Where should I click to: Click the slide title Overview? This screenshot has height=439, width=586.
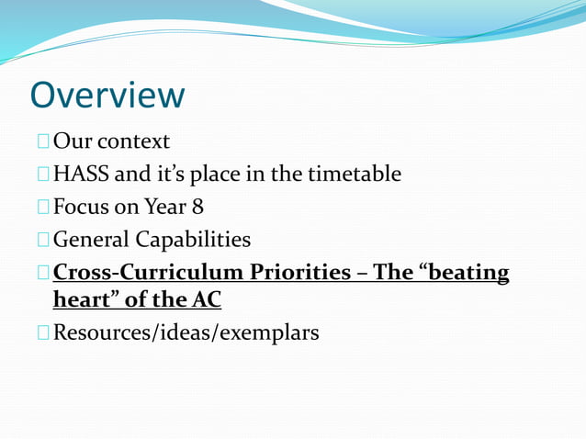(x=107, y=95)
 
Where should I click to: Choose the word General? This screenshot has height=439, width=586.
(x=91, y=240)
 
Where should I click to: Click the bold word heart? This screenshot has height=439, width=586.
(x=80, y=299)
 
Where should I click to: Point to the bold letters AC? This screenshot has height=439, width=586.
(x=205, y=299)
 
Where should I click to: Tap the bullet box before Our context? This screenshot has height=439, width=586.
(x=44, y=141)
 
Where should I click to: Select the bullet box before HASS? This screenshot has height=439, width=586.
(x=44, y=174)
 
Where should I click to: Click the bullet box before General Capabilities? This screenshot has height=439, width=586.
(x=44, y=240)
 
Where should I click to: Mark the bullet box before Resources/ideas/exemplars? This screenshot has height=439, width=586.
(x=44, y=332)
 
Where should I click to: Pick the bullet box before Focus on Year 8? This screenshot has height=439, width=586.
(x=44, y=207)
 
